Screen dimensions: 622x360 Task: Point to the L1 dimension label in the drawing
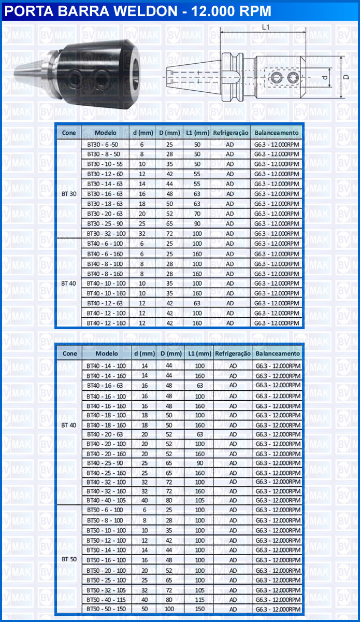[x=265, y=27]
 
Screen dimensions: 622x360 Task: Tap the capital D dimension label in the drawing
[x=345, y=77]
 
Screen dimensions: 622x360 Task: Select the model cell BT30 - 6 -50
[x=103, y=144]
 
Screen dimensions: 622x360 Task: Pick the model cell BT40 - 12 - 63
[x=105, y=303]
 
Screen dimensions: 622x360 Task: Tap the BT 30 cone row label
[x=69, y=194]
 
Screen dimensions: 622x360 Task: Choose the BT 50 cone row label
[x=69, y=559]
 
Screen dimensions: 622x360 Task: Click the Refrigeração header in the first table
[x=230, y=133]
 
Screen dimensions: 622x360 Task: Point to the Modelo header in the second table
[x=107, y=354]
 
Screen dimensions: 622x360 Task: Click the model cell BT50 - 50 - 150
[x=106, y=609]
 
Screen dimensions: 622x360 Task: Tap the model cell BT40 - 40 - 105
[x=106, y=500]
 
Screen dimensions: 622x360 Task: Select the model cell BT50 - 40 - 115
[x=106, y=599]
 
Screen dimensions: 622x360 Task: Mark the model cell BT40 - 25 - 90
[x=105, y=463]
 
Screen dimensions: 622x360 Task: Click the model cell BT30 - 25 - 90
[x=105, y=223]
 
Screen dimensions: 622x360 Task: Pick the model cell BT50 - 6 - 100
[x=105, y=510]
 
